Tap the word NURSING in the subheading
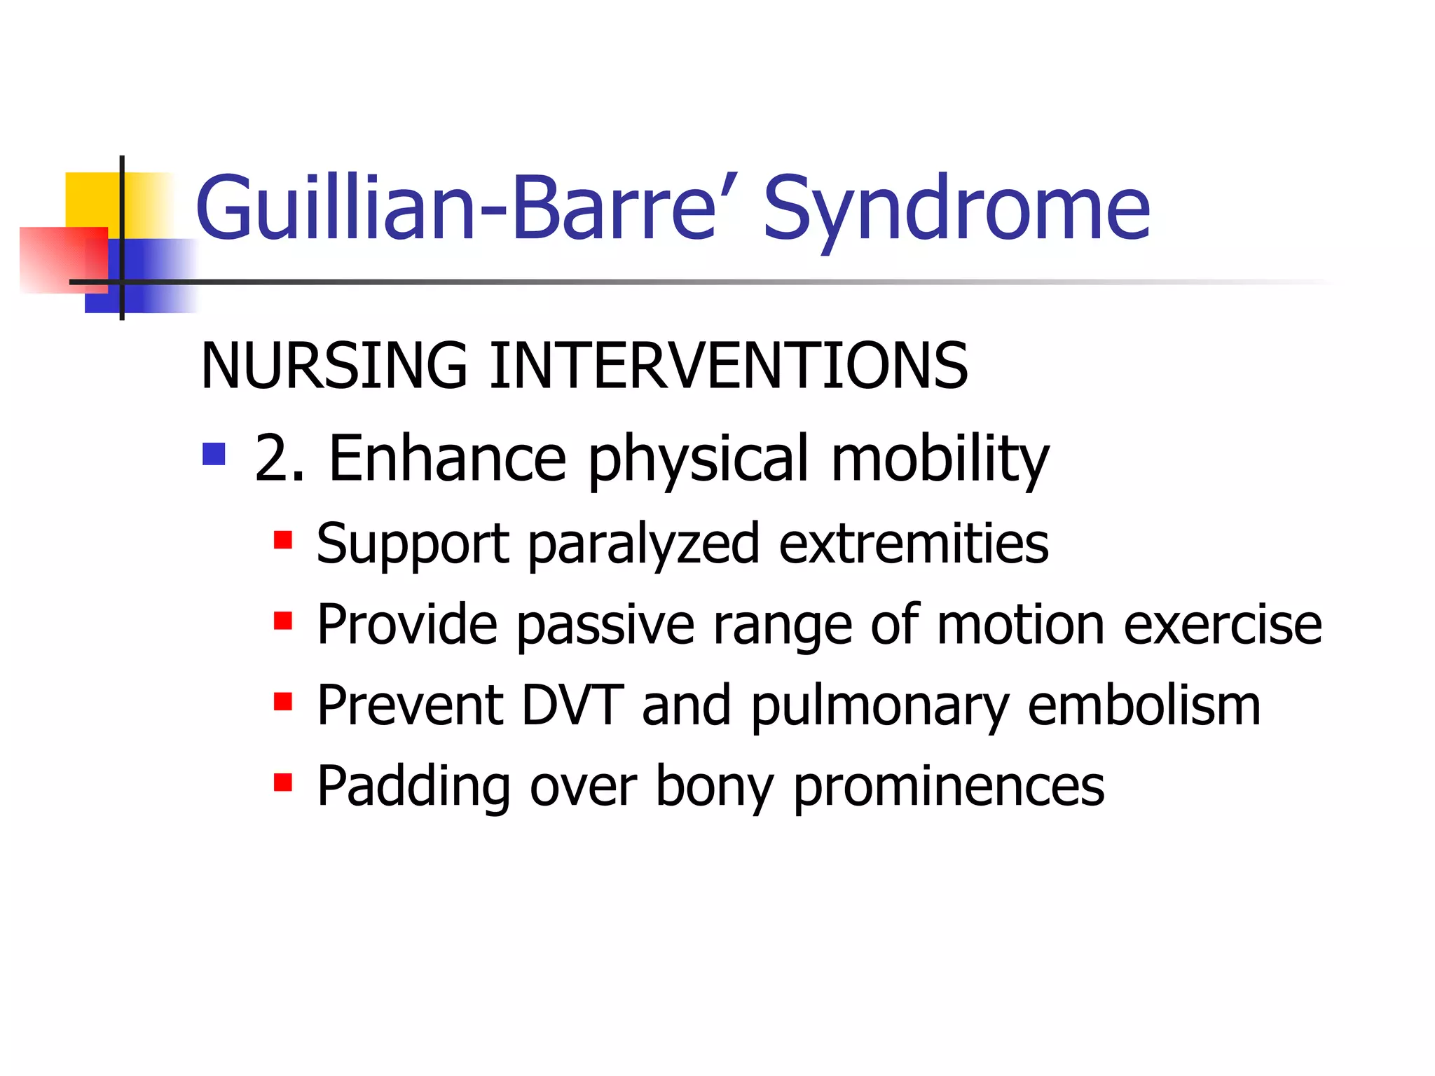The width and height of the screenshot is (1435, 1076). point(334,366)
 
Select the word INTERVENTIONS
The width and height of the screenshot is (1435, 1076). point(728,366)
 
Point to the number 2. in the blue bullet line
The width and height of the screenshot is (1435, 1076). point(280,458)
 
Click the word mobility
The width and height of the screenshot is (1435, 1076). point(939,460)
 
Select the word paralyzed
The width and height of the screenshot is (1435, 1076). point(643,544)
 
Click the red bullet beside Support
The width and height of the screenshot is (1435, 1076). point(282,540)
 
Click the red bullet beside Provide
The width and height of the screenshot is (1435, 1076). point(282,621)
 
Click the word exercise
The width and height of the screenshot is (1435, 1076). point(1222,625)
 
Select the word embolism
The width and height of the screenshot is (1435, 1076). point(1144,705)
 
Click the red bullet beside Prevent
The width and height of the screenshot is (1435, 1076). point(282,701)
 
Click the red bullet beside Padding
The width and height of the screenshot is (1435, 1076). point(282,782)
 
